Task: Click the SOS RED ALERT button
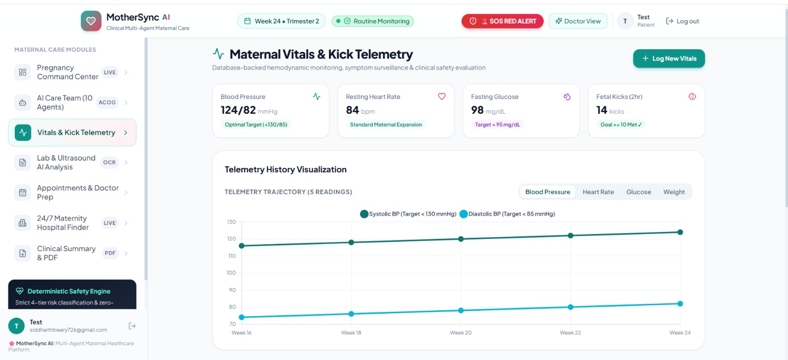(x=502, y=21)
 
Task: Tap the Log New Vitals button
(x=669, y=59)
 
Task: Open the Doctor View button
(x=578, y=21)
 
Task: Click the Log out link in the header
(x=683, y=21)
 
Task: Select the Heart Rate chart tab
(x=598, y=192)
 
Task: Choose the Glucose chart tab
(x=638, y=192)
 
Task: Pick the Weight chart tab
(x=674, y=192)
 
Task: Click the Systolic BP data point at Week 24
(x=680, y=232)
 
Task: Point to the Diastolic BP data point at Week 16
(x=242, y=318)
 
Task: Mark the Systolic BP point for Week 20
(x=461, y=239)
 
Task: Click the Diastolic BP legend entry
(x=507, y=214)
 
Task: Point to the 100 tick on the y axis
(x=231, y=273)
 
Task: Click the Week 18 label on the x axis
(x=351, y=332)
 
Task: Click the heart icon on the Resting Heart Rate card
(x=442, y=97)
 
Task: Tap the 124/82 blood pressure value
(x=238, y=110)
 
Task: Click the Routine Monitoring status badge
(x=373, y=21)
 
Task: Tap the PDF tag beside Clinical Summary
(x=110, y=253)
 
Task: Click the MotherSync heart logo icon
(x=91, y=21)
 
